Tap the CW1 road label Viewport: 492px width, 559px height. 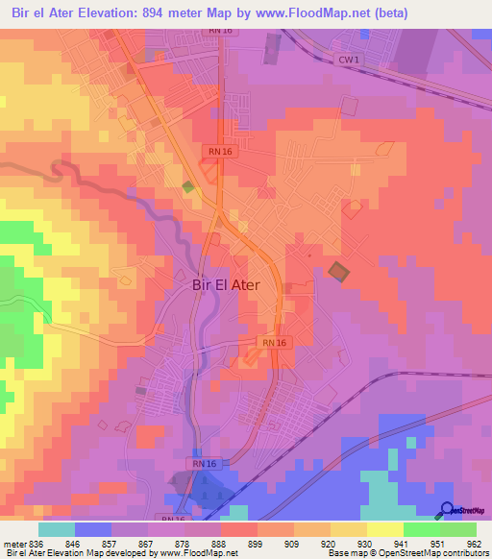[348, 60]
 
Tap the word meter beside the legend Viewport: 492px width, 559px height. [14, 544]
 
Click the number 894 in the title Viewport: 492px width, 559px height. [179, 13]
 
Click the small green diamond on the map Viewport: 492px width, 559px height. [188, 186]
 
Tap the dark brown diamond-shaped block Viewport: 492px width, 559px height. [336, 272]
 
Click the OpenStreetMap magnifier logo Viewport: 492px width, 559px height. [446, 509]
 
